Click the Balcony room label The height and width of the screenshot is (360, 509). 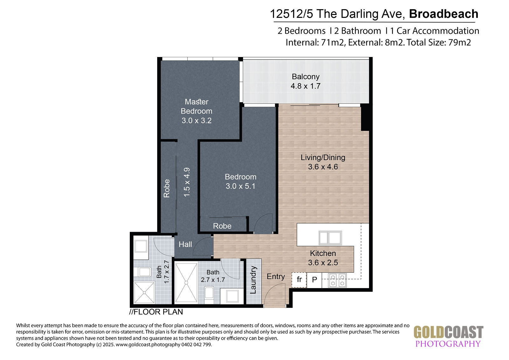tap(305, 77)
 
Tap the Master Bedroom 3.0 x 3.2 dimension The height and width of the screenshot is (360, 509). tap(197, 121)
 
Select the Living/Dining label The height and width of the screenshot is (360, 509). tap(323, 157)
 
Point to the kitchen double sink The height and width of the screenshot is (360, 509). tap(330, 238)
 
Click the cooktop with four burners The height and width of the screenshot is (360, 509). tap(338, 280)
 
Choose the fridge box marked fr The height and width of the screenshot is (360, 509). tap(299, 280)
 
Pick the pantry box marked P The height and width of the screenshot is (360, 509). tap(314, 280)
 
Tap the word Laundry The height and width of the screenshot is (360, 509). tap(253, 280)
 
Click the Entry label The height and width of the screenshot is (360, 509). tap(275, 277)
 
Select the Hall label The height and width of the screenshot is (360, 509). tap(185, 244)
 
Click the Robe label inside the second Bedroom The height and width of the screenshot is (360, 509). tap(222, 226)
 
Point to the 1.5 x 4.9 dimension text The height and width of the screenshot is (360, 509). tap(187, 182)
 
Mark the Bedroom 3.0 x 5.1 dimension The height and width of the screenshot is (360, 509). tap(241, 186)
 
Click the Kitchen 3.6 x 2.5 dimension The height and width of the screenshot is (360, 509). tap(323, 263)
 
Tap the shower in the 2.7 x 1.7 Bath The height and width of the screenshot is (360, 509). tap(186, 283)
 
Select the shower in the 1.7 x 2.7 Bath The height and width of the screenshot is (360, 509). tap(144, 293)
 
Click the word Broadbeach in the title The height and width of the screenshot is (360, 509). tap(443, 14)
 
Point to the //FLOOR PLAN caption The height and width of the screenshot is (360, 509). tap(156, 312)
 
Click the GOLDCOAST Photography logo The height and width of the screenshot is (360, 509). tap(448, 336)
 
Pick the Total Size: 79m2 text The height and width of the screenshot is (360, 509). tap(439, 43)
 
